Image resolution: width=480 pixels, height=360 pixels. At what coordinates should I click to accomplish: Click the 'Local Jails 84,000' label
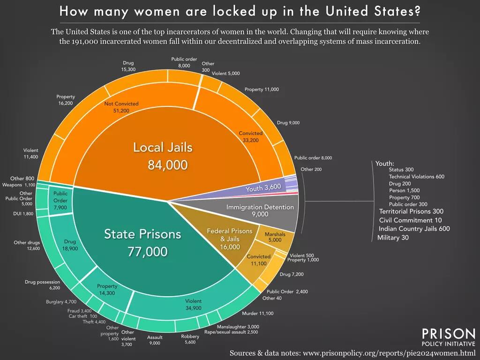[163, 156]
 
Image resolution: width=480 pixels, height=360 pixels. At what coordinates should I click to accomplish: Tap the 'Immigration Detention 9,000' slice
[260, 210]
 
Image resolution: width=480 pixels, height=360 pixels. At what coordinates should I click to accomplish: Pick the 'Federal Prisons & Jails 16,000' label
[230, 239]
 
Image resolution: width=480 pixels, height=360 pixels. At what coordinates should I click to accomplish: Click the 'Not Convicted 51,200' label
[121, 107]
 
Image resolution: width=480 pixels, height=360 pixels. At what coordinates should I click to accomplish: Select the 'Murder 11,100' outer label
[257, 313]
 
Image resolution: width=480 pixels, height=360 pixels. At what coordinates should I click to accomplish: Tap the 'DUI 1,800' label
[23, 214]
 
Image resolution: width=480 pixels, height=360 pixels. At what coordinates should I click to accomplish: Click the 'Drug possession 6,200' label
[42, 285]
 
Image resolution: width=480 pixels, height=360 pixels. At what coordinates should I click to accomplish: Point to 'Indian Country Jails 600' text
[414, 229]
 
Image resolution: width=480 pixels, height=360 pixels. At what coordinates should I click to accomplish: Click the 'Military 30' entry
[393, 238]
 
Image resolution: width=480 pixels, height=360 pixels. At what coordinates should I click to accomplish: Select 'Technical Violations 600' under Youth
[416, 177]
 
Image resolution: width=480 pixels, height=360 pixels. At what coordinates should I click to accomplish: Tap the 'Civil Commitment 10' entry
[410, 220]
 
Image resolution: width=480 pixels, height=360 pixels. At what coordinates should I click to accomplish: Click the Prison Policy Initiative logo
[448, 337]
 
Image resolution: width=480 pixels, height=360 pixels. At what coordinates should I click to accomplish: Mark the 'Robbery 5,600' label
[190, 339]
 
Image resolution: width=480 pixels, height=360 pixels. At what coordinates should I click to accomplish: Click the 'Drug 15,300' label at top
[128, 66]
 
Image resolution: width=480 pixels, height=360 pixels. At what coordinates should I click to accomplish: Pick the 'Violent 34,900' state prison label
[193, 304]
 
